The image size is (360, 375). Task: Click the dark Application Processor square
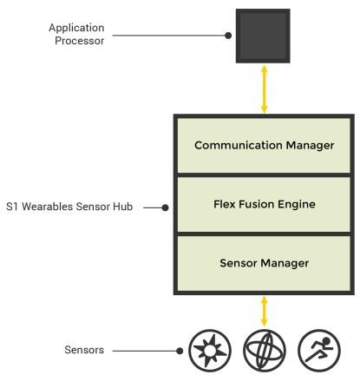[263, 36]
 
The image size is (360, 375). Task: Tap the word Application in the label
[76, 28]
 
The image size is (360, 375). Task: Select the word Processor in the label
[80, 41]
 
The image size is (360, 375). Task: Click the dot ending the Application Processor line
[228, 36]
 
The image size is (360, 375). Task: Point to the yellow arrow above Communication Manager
[264, 89]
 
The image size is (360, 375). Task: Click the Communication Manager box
[264, 146]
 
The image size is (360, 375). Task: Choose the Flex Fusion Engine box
[264, 204]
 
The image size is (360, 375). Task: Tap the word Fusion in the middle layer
[256, 204]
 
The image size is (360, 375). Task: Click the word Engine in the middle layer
[297, 205]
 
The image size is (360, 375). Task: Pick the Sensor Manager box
[264, 263]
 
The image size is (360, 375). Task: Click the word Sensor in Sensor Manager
[239, 263]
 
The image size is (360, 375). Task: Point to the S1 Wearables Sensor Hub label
[69, 207]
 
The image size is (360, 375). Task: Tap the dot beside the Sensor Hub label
[165, 207]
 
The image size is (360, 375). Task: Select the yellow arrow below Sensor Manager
[264, 312]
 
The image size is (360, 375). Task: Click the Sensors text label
[84, 350]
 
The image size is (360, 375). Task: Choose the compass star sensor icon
[210, 351]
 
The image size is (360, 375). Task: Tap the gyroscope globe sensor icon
[265, 351]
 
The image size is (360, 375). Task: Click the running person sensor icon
[319, 351]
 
